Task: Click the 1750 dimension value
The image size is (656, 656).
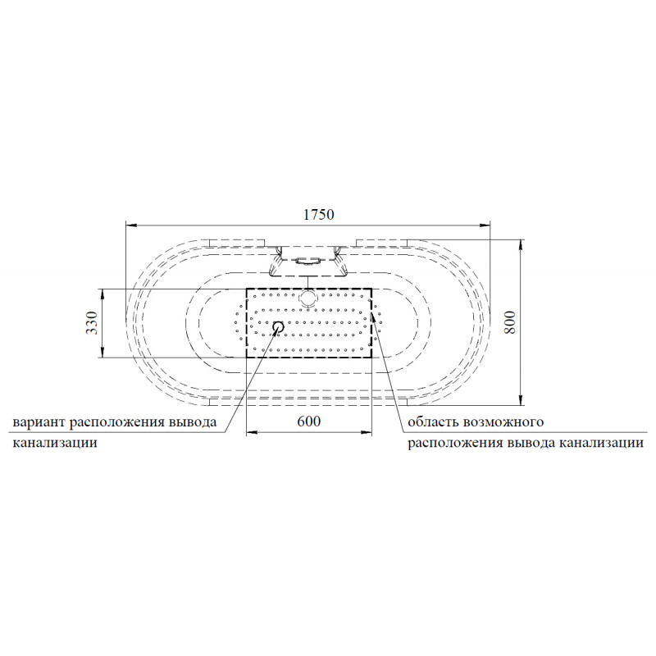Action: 319,215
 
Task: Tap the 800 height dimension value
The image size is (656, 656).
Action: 510,321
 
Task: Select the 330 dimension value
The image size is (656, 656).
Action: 92,323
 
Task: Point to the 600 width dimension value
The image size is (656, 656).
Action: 309,421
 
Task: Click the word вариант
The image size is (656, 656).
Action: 39,421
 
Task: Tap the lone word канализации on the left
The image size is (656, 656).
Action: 55,443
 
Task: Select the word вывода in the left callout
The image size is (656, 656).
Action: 193,421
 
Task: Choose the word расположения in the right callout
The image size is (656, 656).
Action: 455,443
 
